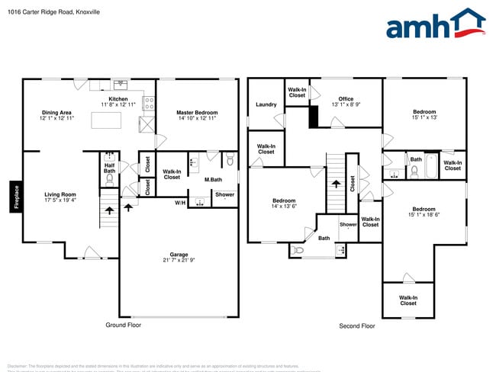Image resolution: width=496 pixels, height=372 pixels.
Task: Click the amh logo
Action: (x=435, y=24)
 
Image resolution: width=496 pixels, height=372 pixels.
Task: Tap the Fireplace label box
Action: (x=15, y=197)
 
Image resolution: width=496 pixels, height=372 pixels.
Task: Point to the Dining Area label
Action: (x=56, y=115)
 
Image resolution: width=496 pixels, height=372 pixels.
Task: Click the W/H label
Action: (x=180, y=203)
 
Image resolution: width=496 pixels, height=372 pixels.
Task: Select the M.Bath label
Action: (x=213, y=180)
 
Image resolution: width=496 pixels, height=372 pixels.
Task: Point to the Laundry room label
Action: (x=266, y=104)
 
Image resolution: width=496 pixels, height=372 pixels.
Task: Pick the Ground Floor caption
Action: (x=123, y=325)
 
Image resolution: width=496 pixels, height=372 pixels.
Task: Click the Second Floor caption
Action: (x=356, y=325)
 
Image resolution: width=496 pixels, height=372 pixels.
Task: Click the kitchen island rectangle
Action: (x=113, y=120)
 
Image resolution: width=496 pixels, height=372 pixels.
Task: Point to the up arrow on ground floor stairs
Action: (x=109, y=207)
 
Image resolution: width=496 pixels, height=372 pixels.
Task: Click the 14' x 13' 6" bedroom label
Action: (x=284, y=204)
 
